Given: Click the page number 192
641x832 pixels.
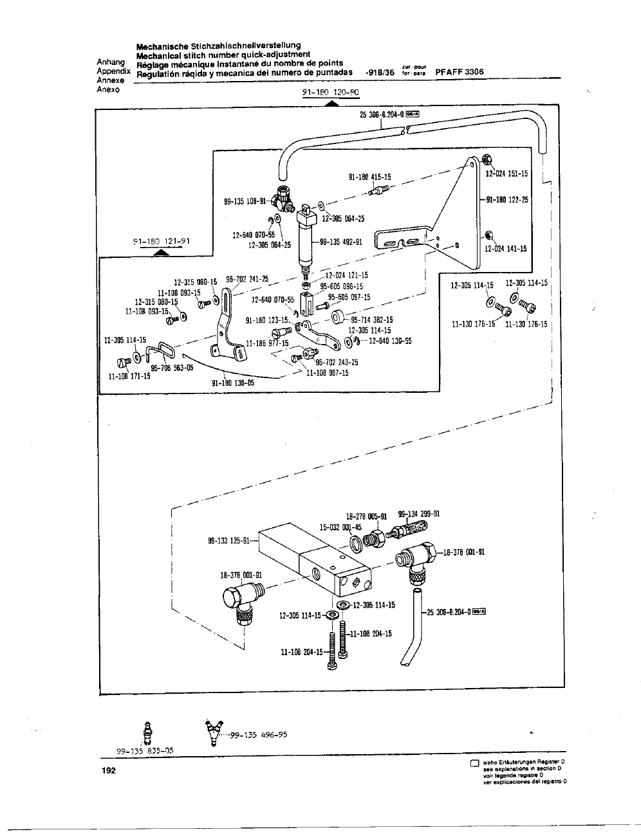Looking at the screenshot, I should pos(108,772).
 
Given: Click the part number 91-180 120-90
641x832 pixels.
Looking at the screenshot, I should pos(331,92).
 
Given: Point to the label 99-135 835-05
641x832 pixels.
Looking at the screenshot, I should pos(145,750).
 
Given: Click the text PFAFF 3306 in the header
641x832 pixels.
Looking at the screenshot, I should pos(460,73).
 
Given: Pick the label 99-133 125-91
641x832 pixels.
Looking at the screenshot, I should pos(228,541).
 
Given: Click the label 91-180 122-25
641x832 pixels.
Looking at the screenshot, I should pos(507,199).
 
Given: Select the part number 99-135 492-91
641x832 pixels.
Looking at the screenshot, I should pos(341,242).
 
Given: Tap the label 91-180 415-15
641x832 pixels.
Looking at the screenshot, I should pos(369,177).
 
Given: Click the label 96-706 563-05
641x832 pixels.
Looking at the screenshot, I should pos(172,368).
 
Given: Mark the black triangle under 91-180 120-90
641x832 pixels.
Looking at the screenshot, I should pos(331,103).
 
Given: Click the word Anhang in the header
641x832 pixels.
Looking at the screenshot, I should pos(110,62).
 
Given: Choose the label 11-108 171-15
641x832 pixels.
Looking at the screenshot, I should pos(129,376).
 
